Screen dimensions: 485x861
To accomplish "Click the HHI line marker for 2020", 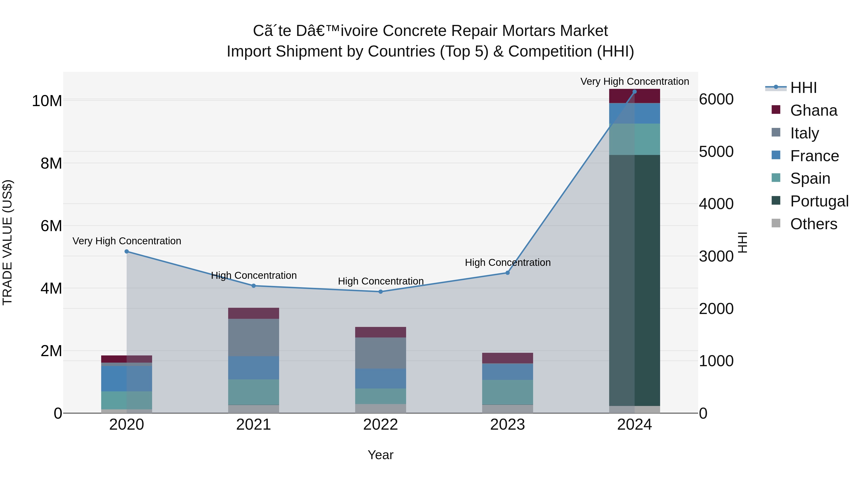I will tap(127, 251).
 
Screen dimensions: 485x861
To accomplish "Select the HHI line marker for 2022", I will tap(380, 291).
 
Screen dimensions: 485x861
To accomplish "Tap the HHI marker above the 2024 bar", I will tap(634, 91).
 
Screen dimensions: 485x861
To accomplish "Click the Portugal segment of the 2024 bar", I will tap(634, 280).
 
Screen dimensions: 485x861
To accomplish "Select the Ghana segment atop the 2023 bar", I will tap(507, 358).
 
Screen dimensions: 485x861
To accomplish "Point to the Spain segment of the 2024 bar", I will tap(634, 139).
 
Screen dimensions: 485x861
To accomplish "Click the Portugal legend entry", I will tap(819, 201).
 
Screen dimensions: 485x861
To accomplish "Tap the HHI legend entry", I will tap(803, 88).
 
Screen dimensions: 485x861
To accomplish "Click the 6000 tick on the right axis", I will tap(716, 99).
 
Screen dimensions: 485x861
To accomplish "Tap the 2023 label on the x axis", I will tap(507, 425).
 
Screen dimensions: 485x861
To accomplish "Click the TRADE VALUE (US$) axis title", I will tap(7, 242).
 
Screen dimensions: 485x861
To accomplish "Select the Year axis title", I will tap(380, 455).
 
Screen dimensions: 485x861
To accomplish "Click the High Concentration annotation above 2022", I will tap(380, 281).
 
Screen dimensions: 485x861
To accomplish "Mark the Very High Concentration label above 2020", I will tap(127, 241).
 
